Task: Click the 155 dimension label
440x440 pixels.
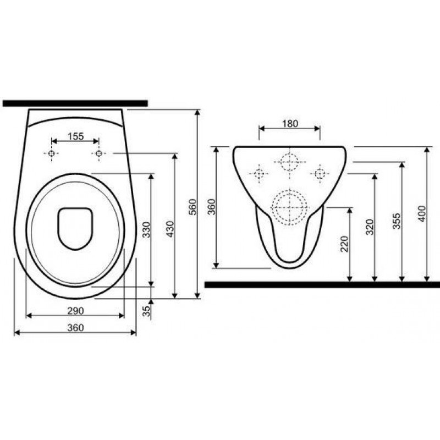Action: click(76, 136)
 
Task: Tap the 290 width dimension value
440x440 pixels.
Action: click(75, 311)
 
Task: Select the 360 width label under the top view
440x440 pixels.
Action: click(75, 328)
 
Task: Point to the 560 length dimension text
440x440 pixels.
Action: click(193, 207)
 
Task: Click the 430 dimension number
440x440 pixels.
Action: click(170, 229)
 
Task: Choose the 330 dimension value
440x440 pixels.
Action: click(146, 230)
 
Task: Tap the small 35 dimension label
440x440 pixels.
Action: click(146, 311)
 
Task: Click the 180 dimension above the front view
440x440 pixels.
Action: click(290, 123)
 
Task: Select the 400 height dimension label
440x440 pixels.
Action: click(422, 214)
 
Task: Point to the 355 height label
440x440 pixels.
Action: click(397, 221)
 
